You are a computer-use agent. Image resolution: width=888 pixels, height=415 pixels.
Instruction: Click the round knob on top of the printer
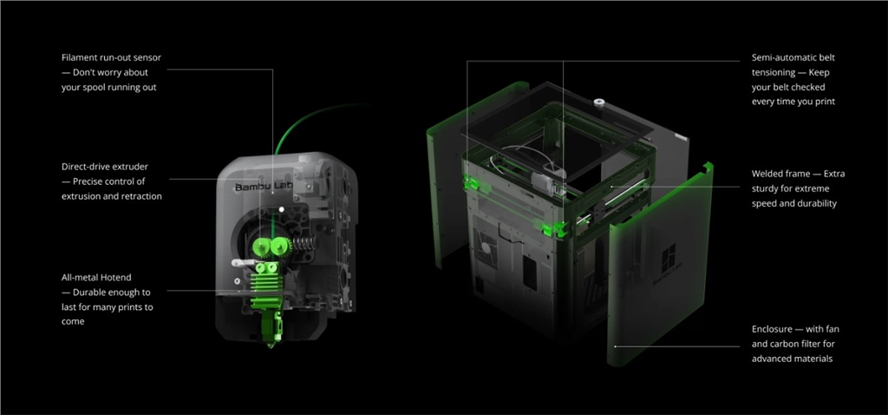(x=598, y=102)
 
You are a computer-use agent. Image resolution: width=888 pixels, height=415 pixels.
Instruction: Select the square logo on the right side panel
(x=668, y=261)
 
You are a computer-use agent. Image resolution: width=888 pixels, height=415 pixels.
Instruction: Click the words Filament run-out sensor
(x=111, y=57)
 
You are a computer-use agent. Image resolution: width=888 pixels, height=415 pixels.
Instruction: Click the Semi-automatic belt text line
(x=793, y=57)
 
